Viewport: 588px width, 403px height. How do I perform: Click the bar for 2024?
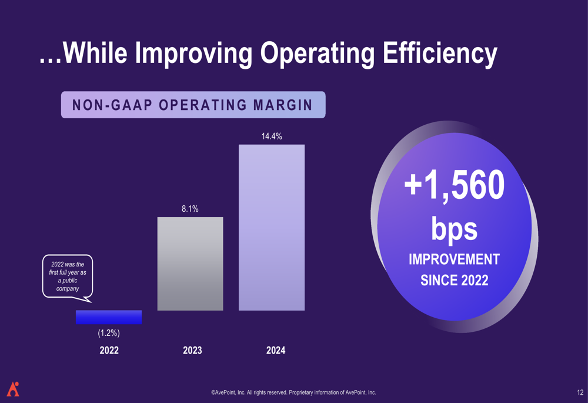pos(272,227)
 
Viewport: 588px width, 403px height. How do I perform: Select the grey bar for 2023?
pos(190,264)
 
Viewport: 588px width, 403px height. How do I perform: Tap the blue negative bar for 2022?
pos(109,317)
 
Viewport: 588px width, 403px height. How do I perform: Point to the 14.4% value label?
pos(272,136)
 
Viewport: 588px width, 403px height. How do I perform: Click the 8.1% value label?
pos(190,209)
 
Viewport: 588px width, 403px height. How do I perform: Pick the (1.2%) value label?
pos(109,334)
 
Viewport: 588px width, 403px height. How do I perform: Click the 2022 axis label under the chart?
pos(109,351)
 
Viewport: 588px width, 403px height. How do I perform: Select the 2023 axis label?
pos(192,351)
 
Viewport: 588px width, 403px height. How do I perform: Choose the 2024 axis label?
pos(276,351)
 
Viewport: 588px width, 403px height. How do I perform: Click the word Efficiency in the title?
pos(440,53)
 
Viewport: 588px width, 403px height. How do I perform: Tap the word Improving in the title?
pos(193,53)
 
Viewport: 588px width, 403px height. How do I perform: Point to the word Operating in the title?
pos(317,53)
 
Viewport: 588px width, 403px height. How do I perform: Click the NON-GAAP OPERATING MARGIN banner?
pos(193,105)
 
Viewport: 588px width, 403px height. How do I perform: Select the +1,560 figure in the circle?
pos(454,185)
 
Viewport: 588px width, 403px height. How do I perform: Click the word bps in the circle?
pos(454,228)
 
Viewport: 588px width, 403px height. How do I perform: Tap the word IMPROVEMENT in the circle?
pos(454,259)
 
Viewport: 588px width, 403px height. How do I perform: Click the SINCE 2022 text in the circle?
pos(454,280)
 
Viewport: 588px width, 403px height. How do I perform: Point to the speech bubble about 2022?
pos(68,277)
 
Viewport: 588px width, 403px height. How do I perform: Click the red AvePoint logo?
pos(13,389)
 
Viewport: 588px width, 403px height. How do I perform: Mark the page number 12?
pos(580,392)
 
